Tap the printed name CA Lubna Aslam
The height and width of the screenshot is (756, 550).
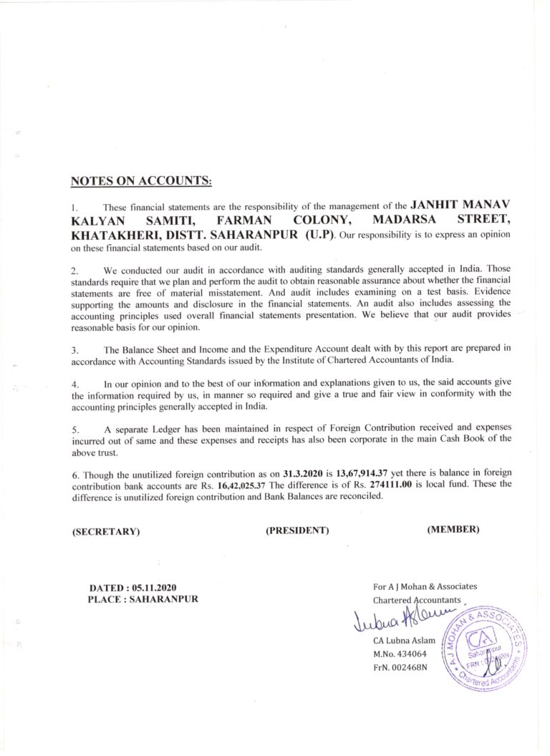[406, 640]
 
